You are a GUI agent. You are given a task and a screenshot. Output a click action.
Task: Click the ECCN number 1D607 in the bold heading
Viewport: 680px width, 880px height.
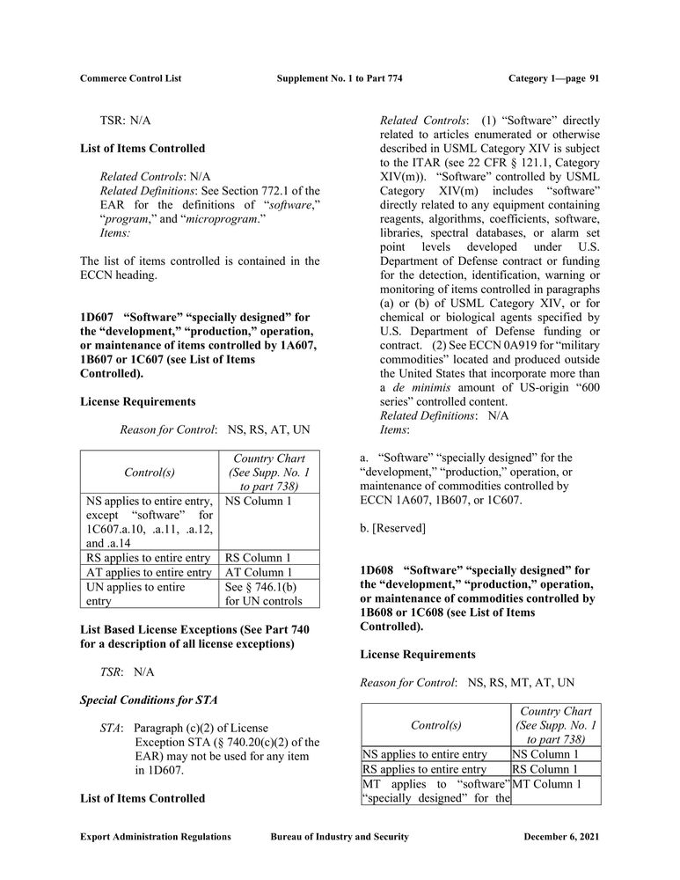97,317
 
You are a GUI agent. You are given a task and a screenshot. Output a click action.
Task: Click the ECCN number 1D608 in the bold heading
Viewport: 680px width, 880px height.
377,570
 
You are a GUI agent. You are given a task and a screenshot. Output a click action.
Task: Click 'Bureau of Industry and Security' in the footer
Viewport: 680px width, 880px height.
340,837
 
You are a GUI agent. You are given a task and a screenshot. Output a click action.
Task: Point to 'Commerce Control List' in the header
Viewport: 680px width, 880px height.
130,78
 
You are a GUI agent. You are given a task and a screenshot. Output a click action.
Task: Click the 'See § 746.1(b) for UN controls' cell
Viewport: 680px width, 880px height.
263,594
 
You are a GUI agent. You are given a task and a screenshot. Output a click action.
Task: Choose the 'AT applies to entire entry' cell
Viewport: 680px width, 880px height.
147,573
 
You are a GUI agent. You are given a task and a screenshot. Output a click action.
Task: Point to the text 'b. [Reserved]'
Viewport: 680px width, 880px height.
393,528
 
